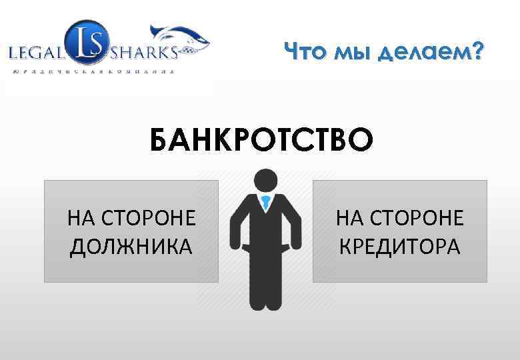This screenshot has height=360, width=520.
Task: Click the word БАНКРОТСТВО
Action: pos(261,141)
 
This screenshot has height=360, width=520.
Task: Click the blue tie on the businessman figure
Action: pos(266,203)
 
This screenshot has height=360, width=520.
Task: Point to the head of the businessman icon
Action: pos(266,179)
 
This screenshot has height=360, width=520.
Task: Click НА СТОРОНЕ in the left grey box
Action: pos(131,219)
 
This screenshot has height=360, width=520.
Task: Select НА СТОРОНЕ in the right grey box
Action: pos(399,219)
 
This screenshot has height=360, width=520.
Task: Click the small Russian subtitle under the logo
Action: pos(93,70)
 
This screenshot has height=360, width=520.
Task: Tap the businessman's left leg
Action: pos(257,287)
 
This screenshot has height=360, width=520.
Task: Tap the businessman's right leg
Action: pos(275,287)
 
